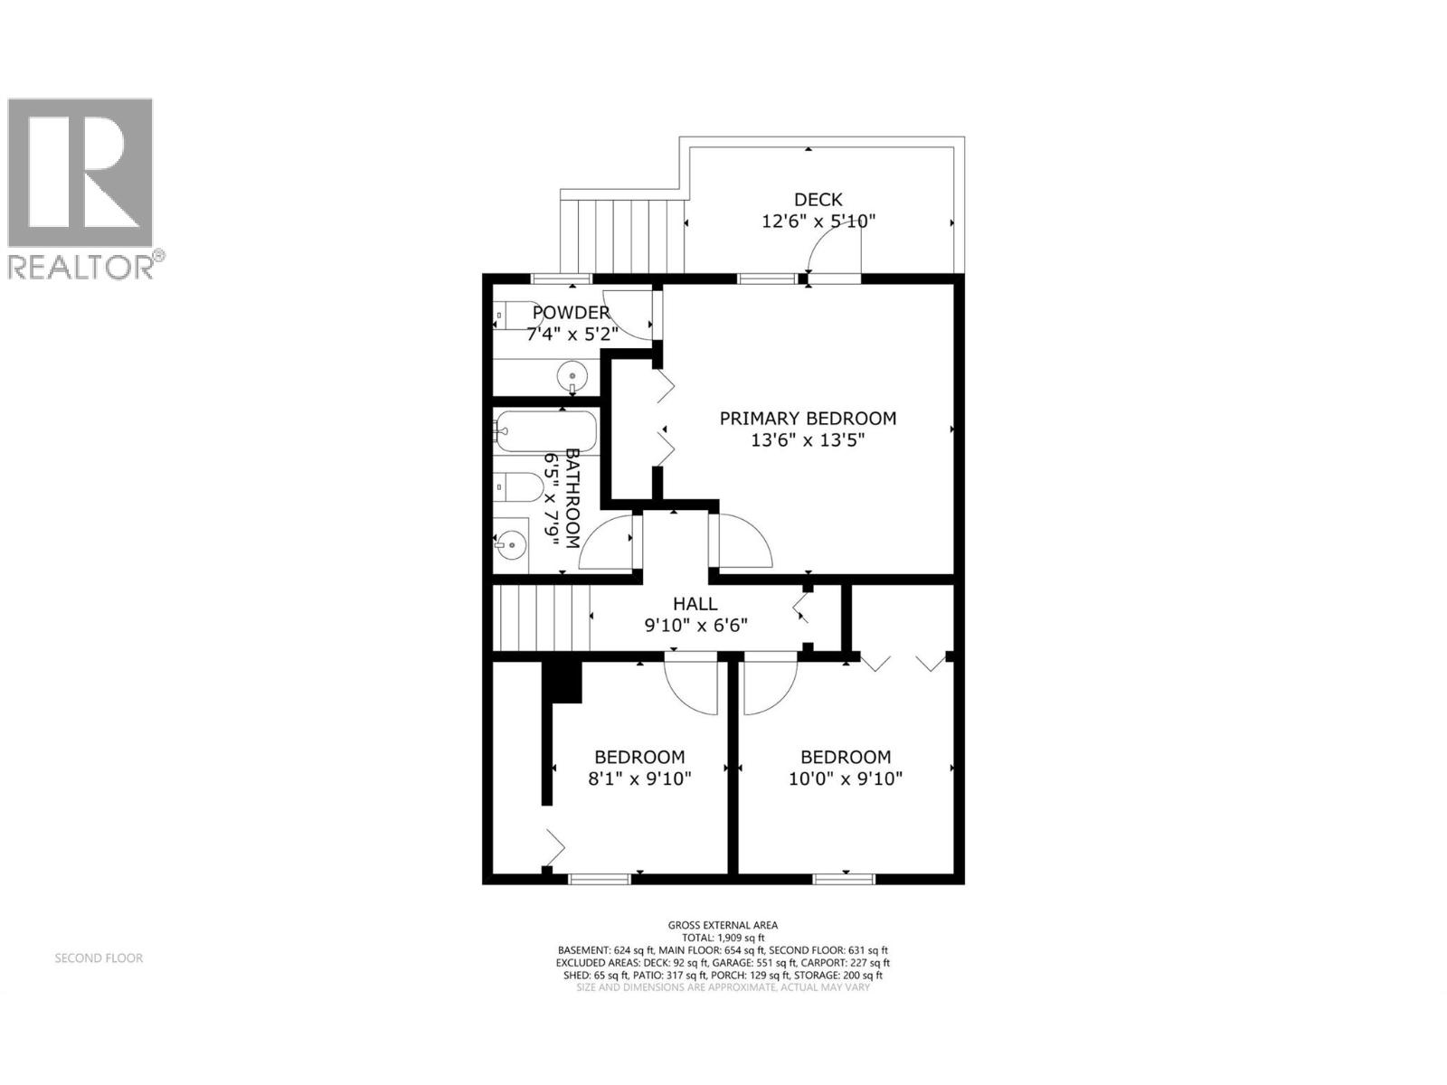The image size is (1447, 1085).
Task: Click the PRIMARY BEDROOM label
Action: click(x=808, y=419)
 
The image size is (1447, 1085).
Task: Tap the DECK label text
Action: click(x=818, y=200)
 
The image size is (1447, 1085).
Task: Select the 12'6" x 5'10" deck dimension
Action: click(x=818, y=222)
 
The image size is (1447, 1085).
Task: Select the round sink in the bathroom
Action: click(x=512, y=544)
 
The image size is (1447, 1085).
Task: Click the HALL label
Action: click(x=695, y=604)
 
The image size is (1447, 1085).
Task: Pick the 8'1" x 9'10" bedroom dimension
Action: click(x=639, y=778)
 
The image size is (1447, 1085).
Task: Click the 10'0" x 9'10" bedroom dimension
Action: click(x=845, y=778)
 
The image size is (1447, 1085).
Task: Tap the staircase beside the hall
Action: click(x=541, y=618)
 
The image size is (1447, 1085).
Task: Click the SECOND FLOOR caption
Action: click(x=99, y=958)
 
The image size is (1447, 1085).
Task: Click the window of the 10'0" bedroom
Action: click(x=843, y=877)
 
